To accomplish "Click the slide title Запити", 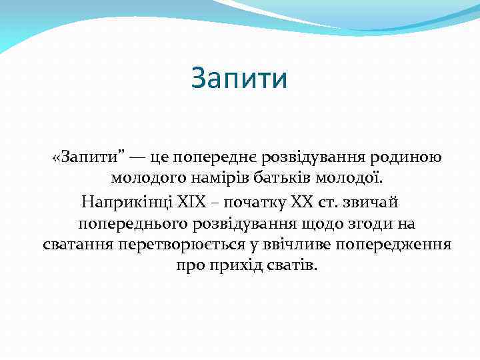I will (x=239, y=78).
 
